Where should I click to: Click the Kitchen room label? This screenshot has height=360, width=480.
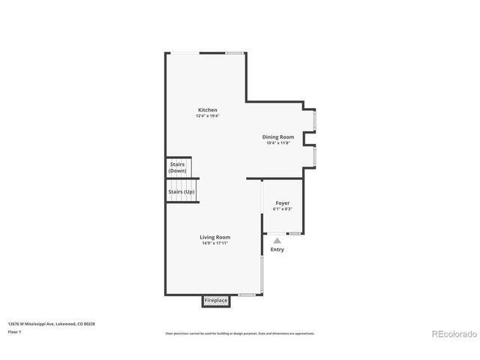click(x=208, y=110)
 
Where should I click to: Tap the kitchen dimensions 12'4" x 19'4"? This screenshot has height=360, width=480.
click(x=208, y=116)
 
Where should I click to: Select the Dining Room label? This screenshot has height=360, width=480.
click(x=278, y=137)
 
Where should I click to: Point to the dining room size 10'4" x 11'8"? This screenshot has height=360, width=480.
click(x=278, y=143)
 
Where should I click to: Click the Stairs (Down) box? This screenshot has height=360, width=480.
click(x=178, y=167)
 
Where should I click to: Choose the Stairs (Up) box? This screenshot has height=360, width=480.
click(x=181, y=192)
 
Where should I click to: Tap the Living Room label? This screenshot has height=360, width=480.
click(x=214, y=237)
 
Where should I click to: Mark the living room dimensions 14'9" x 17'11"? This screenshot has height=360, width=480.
click(x=214, y=243)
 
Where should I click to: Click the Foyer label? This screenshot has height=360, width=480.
click(x=283, y=203)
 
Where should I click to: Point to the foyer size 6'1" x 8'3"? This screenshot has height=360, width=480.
click(x=283, y=209)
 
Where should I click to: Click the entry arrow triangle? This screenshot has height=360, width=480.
click(x=277, y=241)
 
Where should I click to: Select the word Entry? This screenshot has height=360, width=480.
click(x=277, y=250)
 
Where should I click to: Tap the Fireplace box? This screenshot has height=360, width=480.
click(x=216, y=301)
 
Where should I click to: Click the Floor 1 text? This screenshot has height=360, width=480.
click(x=14, y=331)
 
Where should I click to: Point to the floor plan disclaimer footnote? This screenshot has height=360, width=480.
click(x=239, y=333)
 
